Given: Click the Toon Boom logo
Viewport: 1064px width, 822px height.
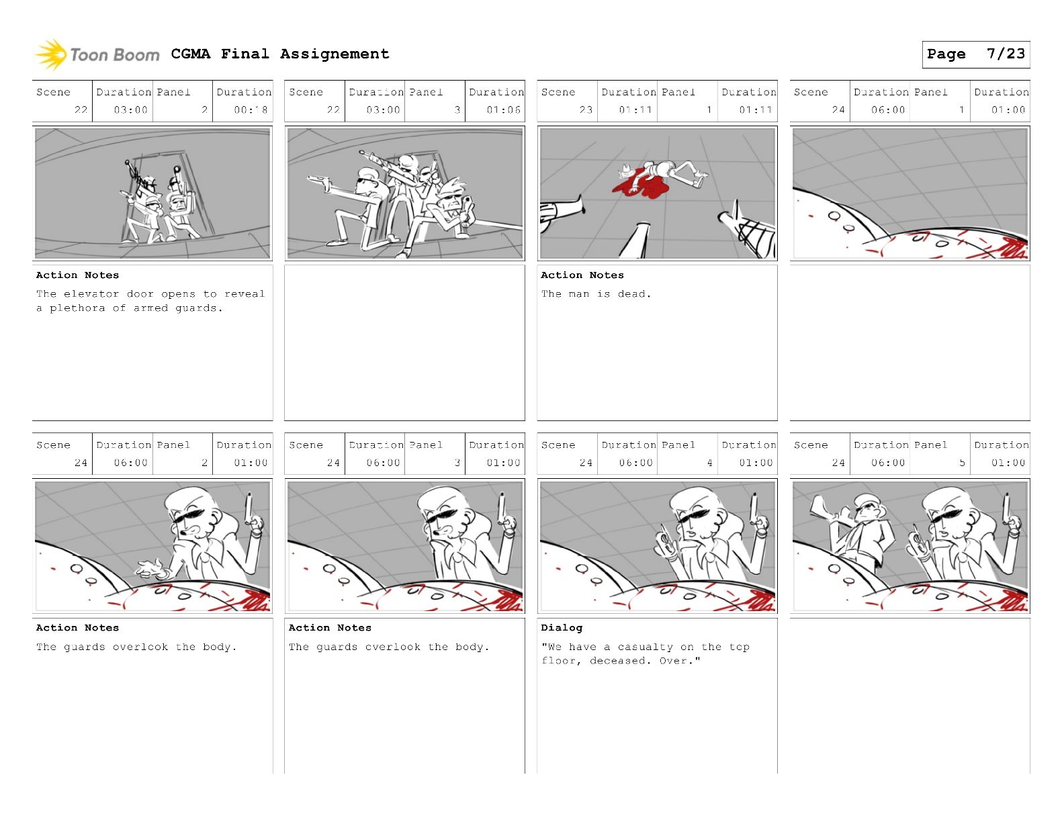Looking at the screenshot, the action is coord(97,54).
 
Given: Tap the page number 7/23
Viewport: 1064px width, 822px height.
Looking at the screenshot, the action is coord(1006,53).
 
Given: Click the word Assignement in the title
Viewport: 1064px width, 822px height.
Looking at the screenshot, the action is coord(335,54).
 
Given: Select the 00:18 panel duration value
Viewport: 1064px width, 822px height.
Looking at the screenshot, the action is coord(251,109).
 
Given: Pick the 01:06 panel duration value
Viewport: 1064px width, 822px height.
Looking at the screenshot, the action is coord(503,109).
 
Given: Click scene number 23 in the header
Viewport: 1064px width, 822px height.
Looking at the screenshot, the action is coord(586,109).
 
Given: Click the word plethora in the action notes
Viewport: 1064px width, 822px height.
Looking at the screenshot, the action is coord(77,308).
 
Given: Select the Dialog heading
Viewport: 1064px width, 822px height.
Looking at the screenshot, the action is coord(562,628).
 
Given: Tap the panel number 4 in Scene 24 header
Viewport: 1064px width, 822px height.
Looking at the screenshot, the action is coord(710,463).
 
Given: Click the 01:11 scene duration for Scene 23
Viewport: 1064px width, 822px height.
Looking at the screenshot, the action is coord(635,109).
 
